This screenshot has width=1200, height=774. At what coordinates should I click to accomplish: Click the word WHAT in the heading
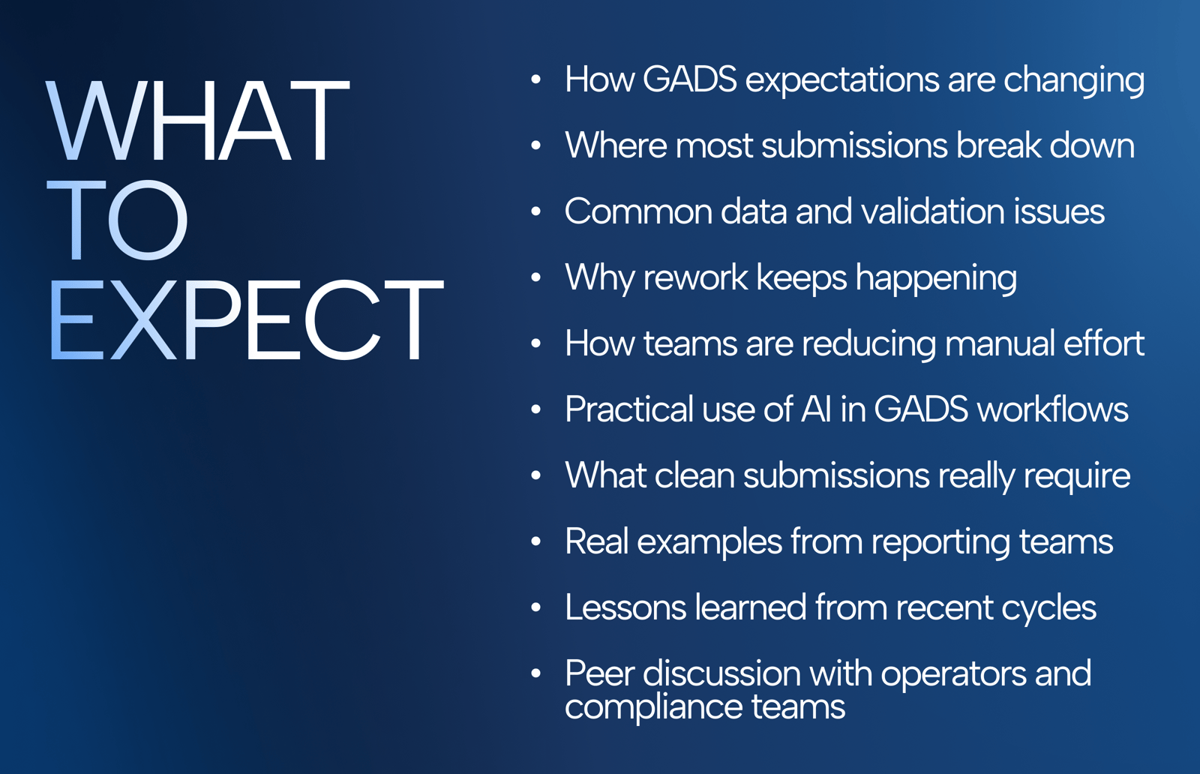click(198, 121)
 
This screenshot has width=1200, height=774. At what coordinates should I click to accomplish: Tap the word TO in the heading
click(117, 220)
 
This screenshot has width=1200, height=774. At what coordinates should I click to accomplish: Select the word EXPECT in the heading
click(247, 319)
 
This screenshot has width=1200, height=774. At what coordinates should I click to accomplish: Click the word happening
click(936, 279)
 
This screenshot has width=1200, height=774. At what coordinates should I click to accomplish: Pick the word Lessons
click(625, 608)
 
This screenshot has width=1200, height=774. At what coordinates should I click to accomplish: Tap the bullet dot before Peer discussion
click(535, 673)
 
